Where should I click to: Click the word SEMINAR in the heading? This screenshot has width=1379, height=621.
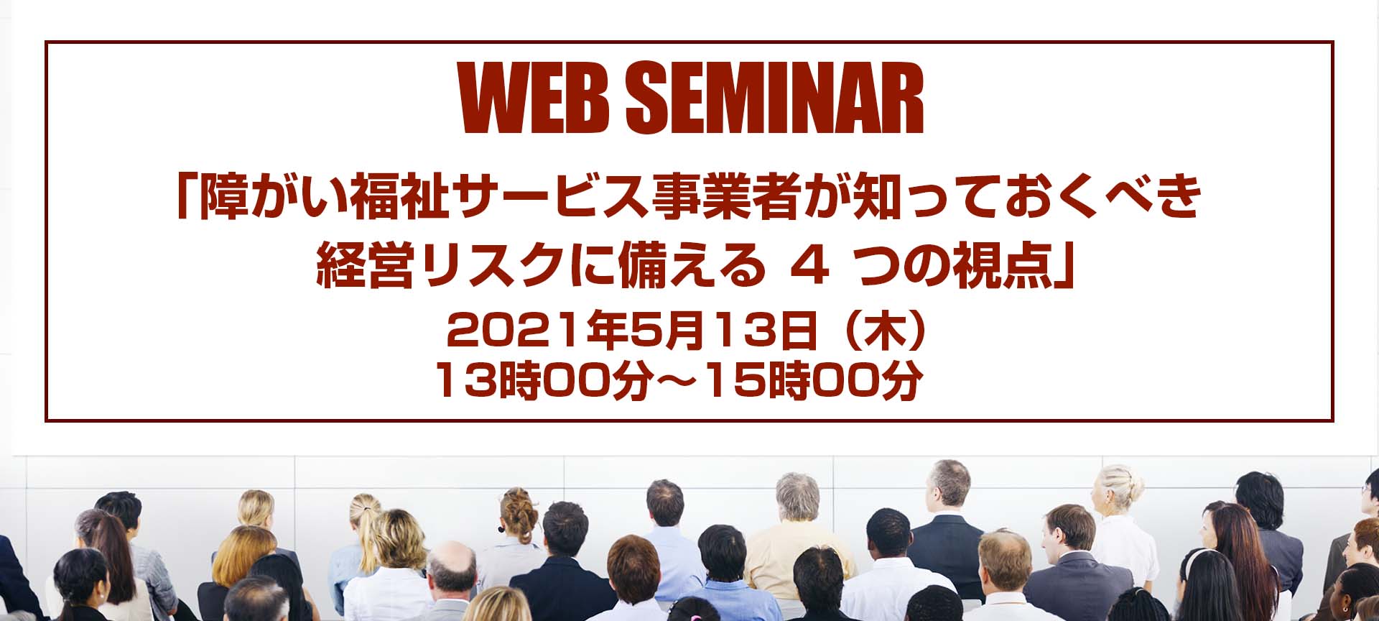tap(774, 98)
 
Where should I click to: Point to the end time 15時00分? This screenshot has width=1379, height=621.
tap(815, 381)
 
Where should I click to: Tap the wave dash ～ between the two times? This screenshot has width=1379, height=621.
tap(679, 382)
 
